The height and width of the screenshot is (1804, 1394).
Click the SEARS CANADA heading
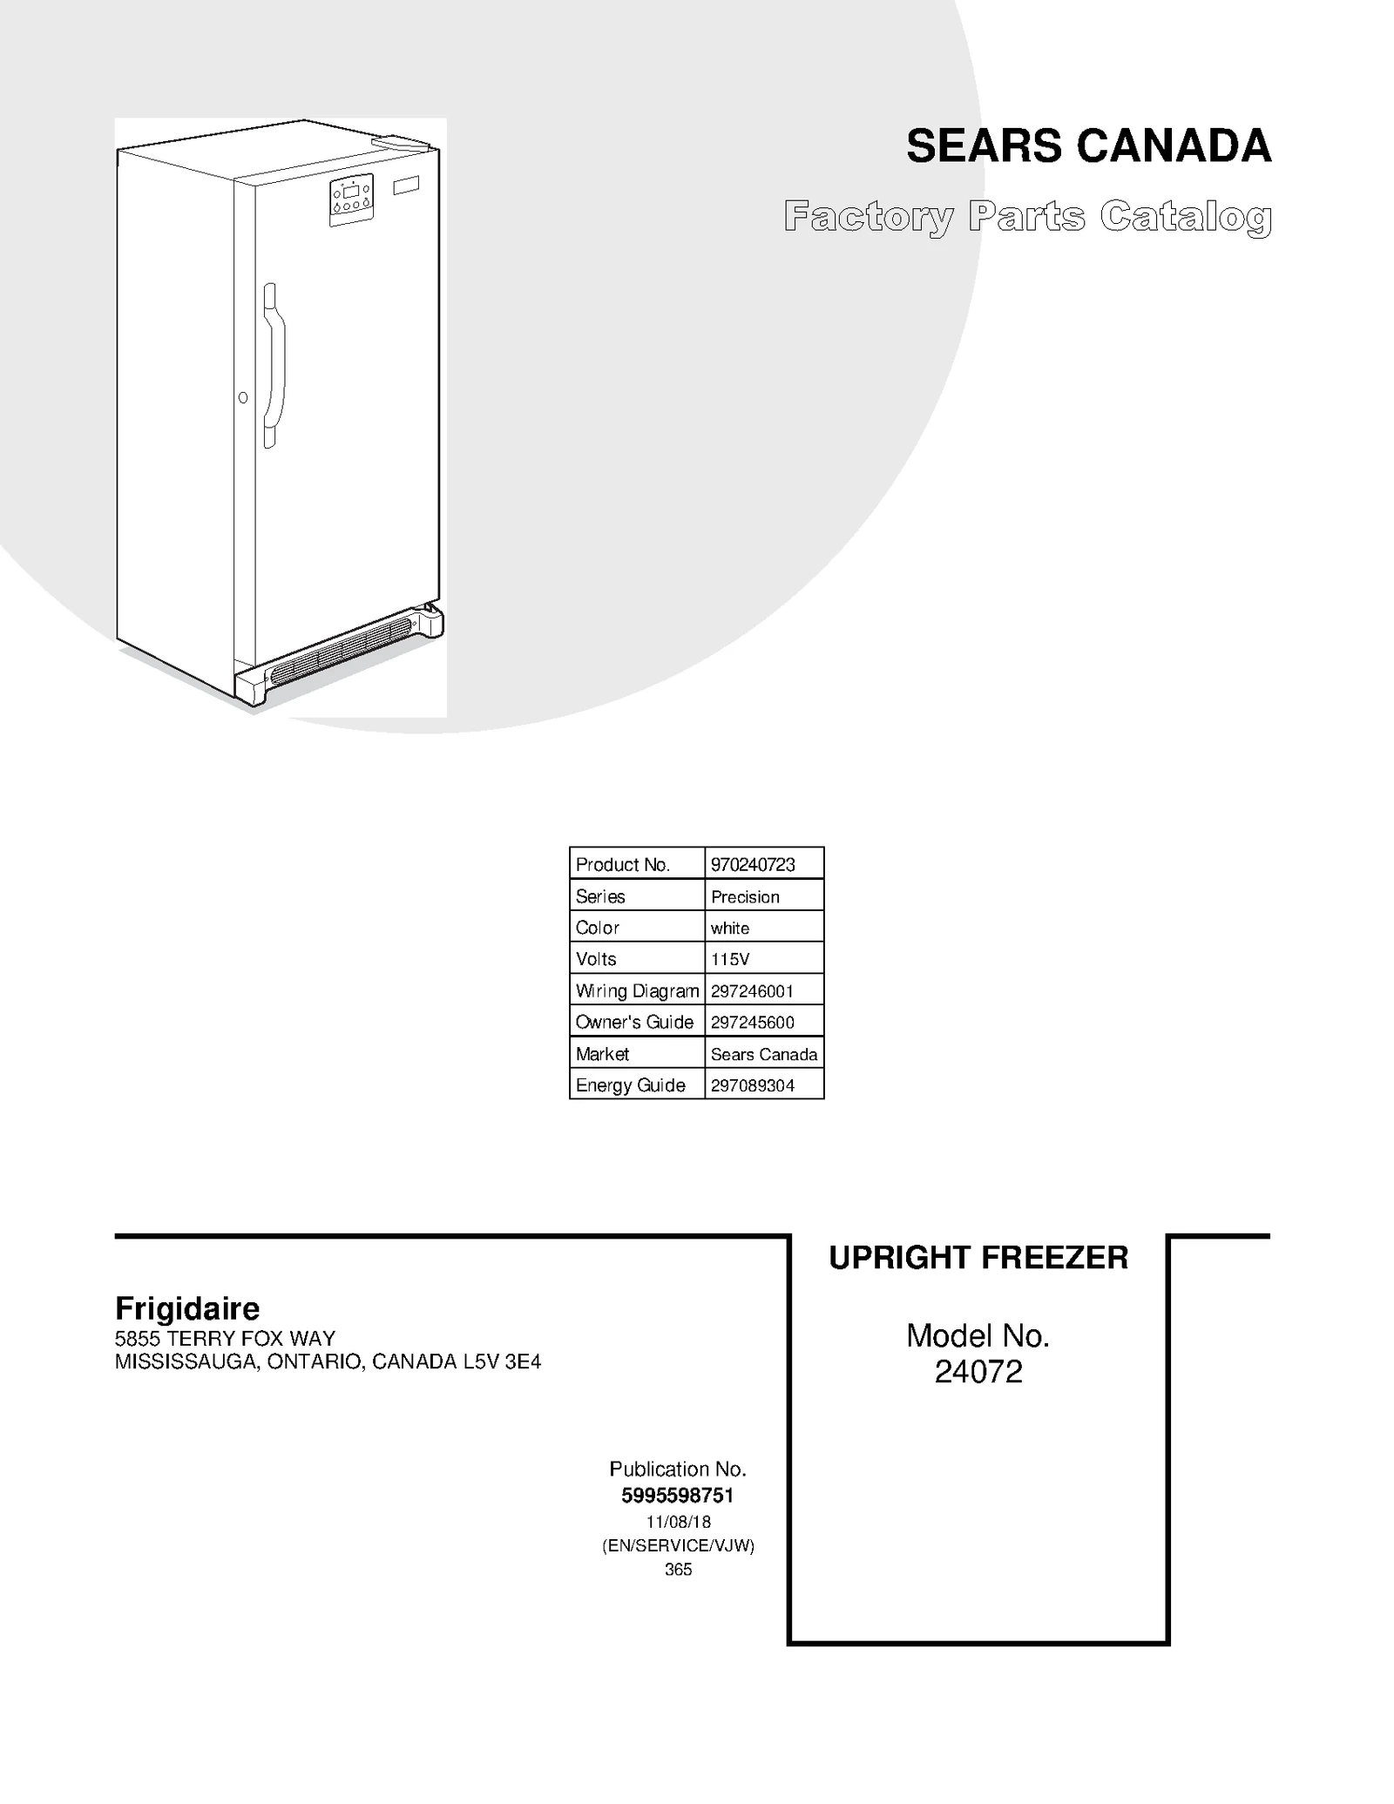coord(1088,145)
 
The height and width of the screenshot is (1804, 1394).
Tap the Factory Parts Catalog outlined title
coord(1027,217)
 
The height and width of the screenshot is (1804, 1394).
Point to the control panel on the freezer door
coord(351,199)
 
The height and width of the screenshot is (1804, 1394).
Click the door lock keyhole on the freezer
coord(243,398)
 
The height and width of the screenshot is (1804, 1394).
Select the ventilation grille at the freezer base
coord(340,650)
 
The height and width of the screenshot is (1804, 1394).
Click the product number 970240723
coord(753,864)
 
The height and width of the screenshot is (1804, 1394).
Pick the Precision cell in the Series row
coord(745,896)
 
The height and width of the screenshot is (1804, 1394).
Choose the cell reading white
coord(730,928)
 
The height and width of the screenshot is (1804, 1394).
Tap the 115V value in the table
coord(730,959)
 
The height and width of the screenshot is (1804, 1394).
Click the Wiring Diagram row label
coord(637,990)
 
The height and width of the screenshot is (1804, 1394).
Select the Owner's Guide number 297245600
coord(753,1022)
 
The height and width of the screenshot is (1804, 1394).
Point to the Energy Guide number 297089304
coord(753,1085)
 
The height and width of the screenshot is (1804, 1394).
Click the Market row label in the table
coord(602,1054)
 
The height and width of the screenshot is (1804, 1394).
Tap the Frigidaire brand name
coord(187,1308)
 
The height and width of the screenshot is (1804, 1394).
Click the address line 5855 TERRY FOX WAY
coord(225,1338)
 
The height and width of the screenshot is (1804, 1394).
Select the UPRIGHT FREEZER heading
coord(978,1258)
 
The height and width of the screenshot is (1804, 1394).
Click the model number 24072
coord(978,1372)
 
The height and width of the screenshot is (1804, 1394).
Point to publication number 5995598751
coord(678,1496)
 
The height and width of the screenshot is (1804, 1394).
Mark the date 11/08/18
coord(678,1522)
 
